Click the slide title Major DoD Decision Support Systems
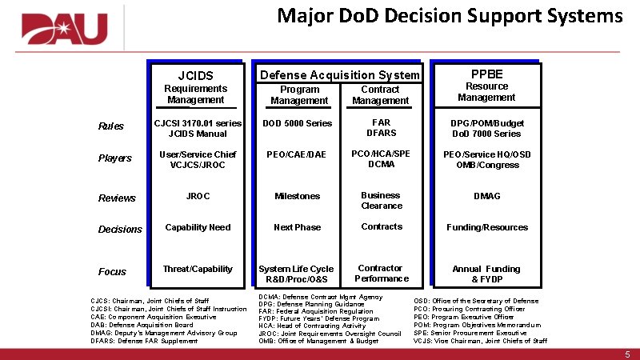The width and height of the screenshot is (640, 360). coord(450,16)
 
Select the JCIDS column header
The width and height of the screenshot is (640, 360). coord(195,76)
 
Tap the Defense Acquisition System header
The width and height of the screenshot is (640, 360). coord(340,75)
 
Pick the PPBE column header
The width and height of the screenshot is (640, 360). coord(486,73)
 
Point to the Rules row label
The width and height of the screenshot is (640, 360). coord(110,126)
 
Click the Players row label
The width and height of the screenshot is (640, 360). coord(114,158)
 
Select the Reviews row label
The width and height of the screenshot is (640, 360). coord(117,198)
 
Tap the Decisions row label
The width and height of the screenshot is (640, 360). coord(120,230)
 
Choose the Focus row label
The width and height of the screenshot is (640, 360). coord(112,272)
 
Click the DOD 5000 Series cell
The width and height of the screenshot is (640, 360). coord(298,123)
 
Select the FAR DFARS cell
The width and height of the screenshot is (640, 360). coord(381,128)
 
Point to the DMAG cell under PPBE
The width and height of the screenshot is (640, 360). coord(486,196)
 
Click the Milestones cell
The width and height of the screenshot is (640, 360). coord(297,196)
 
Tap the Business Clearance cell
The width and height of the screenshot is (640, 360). coord(381,200)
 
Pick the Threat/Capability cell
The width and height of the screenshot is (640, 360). coord(197,269)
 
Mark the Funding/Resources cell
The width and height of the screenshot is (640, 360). coord(486,227)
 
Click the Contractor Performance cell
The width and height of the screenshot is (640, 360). coord(381,273)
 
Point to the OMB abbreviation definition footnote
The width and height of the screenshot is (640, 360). coord(318,342)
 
